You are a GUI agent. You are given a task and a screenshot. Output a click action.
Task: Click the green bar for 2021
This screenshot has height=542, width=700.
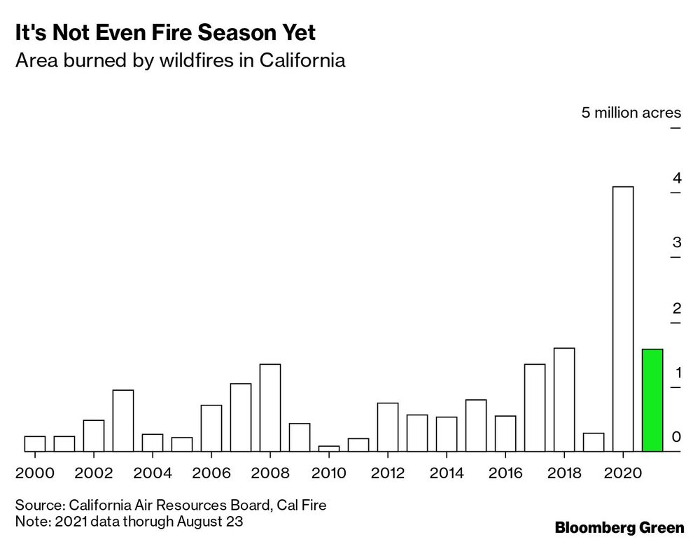pos(652,401)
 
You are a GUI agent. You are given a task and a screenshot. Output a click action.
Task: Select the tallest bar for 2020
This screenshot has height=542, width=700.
pos(623,319)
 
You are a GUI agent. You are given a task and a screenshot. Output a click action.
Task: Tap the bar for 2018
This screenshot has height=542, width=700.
pos(564,400)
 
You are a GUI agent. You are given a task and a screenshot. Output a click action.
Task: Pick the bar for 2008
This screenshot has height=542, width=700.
pos(270,408)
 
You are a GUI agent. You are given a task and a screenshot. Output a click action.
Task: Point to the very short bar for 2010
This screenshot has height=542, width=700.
pos(329,449)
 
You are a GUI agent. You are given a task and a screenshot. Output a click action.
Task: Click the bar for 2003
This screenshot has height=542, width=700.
pos(123,421)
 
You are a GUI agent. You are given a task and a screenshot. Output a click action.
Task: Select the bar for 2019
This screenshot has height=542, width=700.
pos(594,443)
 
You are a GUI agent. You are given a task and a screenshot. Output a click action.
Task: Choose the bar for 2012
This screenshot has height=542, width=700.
pos(388,427)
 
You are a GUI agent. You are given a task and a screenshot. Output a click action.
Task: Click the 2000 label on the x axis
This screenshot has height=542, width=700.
pos(35,473)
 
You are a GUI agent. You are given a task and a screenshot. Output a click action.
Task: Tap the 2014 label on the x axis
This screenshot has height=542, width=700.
pos(447,473)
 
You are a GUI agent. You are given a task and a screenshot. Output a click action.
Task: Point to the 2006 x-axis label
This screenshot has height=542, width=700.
pos(211,473)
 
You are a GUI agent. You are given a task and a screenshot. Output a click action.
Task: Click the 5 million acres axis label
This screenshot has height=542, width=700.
pos(631,113)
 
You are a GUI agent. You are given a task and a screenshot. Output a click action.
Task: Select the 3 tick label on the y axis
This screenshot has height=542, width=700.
pos(676,243)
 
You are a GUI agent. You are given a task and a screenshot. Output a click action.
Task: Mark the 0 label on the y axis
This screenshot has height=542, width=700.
pos(676,437)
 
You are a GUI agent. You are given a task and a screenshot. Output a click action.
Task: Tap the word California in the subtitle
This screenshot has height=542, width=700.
pos(302,61)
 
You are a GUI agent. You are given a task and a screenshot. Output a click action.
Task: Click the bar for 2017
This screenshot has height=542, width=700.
pos(535,408)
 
